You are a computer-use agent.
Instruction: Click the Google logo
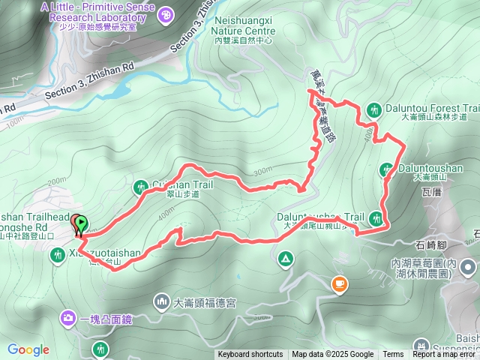pyautogui.click(x=28, y=349)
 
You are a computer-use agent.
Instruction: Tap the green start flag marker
pyautogui.click(x=81, y=223)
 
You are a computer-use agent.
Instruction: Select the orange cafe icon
pyautogui.click(x=340, y=283)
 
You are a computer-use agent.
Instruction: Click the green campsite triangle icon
pyautogui.click(x=285, y=259)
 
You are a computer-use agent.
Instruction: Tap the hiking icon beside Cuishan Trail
pyautogui.click(x=140, y=186)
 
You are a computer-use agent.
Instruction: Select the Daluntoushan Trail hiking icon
pyautogui.click(x=377, y=217)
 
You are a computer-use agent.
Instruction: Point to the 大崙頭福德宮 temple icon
pyautogui.click(x=162, y=302)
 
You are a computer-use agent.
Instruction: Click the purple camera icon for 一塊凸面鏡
pyautogui.click(x=69, y=319)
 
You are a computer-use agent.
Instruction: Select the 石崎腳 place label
pyautogui.click(x=431, y=244)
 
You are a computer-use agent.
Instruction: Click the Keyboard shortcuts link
pyautogui.click(x=250, y=355)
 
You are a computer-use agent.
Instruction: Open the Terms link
pyautogui.click(x=393, y=355)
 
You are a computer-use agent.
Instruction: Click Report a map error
pyautogui.click(x=445, y=355)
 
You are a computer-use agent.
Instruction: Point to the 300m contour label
pyautogui.click(x=262, y=171)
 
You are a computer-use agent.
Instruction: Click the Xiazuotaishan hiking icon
pyautogui.click(x=57, y=255)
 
